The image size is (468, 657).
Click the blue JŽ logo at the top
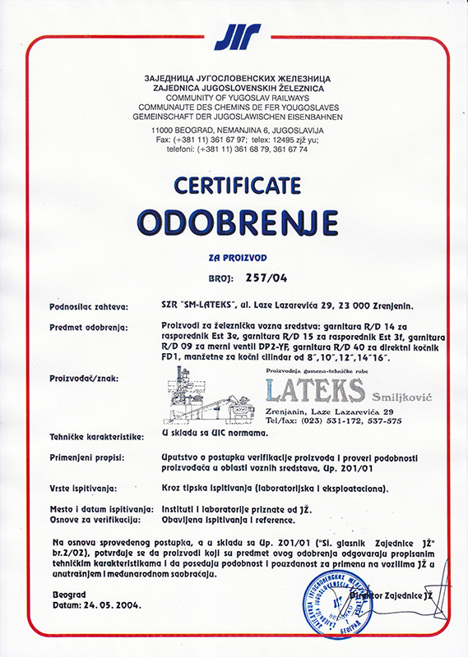click(x=237, y=37)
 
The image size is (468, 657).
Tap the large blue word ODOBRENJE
click(x=237, y=220)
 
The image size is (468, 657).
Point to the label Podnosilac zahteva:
click(x=90, y=308)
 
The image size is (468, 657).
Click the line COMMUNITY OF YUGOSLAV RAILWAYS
click(x=235, y=94)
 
